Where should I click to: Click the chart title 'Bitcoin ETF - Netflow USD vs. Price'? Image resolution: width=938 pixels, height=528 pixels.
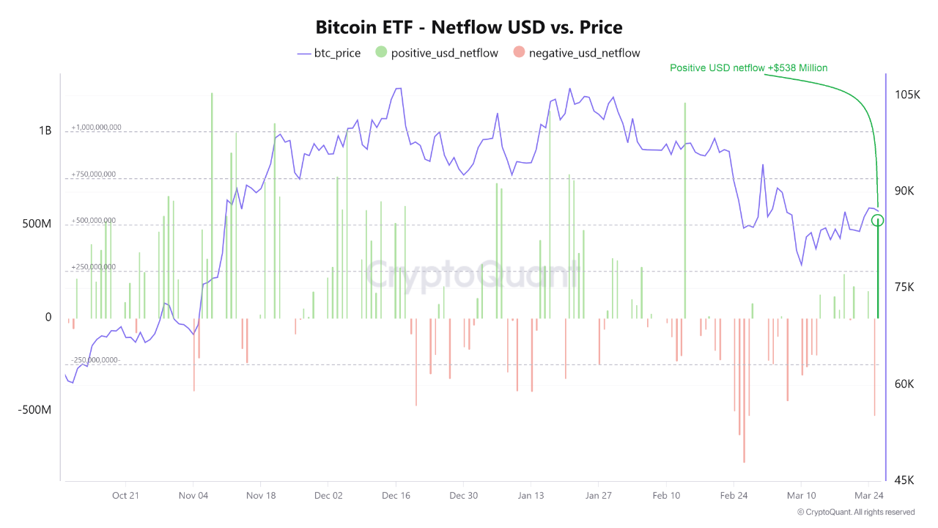click(x=469, y=28)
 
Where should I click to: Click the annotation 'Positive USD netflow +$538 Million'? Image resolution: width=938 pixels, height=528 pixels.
click(x=748, y=67)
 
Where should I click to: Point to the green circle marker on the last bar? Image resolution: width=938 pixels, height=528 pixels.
click(x=878, y=220)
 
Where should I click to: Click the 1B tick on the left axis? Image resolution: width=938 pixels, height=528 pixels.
click(x=45, y=131)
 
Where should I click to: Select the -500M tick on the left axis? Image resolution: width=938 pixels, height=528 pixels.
click(x=34, y=410)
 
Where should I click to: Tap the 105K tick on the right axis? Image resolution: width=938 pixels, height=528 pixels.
click(x=907, y=95)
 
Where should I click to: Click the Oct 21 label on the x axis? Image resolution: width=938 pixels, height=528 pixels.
click(x=125, y=496)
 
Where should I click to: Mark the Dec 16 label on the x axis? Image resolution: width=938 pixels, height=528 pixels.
click(x=396, y=496)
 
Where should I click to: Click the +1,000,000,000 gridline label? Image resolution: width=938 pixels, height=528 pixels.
click(x=96, y=128)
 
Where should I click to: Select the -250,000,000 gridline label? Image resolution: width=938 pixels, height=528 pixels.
click(x=95, y=360)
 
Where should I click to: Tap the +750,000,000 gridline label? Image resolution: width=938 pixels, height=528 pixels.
click(x=94, y=175)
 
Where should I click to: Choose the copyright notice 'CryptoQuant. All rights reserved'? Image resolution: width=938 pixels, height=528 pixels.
click(x=856, y=512)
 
